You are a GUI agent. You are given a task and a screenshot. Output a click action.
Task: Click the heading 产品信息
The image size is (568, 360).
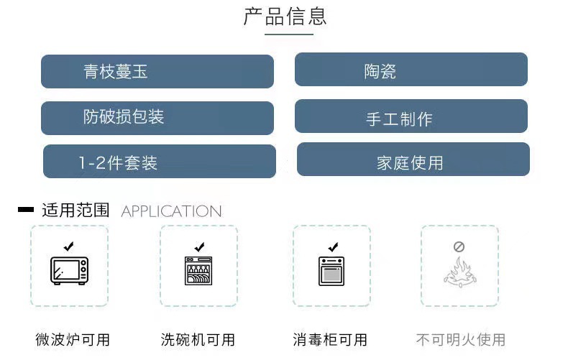(285, 17)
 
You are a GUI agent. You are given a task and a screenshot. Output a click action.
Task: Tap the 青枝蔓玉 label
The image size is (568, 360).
(116, 71)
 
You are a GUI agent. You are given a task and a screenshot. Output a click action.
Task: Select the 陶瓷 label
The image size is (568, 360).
(380, 71)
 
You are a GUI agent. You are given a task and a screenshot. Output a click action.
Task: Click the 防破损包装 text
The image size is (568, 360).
(124, 116)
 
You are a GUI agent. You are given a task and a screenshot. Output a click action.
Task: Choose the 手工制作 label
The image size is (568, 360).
(399, 119)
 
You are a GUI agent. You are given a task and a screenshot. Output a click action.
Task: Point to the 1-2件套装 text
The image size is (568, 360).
(118, 163)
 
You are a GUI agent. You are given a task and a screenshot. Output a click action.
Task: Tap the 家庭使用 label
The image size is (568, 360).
(410, 163)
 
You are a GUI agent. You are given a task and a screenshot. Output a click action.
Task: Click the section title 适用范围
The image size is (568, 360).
(75, 211)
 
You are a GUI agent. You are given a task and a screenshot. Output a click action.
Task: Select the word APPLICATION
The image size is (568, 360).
(171, 211)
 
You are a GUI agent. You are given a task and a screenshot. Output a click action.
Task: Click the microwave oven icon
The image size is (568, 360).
(69, 270)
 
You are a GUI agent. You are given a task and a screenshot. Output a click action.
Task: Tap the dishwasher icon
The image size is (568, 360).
(198, 271)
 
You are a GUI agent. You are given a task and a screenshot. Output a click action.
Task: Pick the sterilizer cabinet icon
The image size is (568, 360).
(331, 271)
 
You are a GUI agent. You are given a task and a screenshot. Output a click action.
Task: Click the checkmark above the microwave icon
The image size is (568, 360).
(68, 246)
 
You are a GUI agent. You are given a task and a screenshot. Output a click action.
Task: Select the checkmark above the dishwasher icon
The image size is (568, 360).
(199, 246)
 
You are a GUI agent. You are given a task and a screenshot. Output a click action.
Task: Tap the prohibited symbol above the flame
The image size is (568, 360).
(459, 246)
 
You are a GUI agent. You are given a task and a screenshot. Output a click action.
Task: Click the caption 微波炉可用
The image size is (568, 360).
(73, 339)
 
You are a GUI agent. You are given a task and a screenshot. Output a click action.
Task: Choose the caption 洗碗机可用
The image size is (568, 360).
(198, 339)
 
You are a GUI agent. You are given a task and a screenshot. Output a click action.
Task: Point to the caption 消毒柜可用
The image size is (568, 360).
(330, 339)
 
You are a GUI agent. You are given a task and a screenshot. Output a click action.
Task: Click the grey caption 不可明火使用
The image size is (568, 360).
(460, 339)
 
